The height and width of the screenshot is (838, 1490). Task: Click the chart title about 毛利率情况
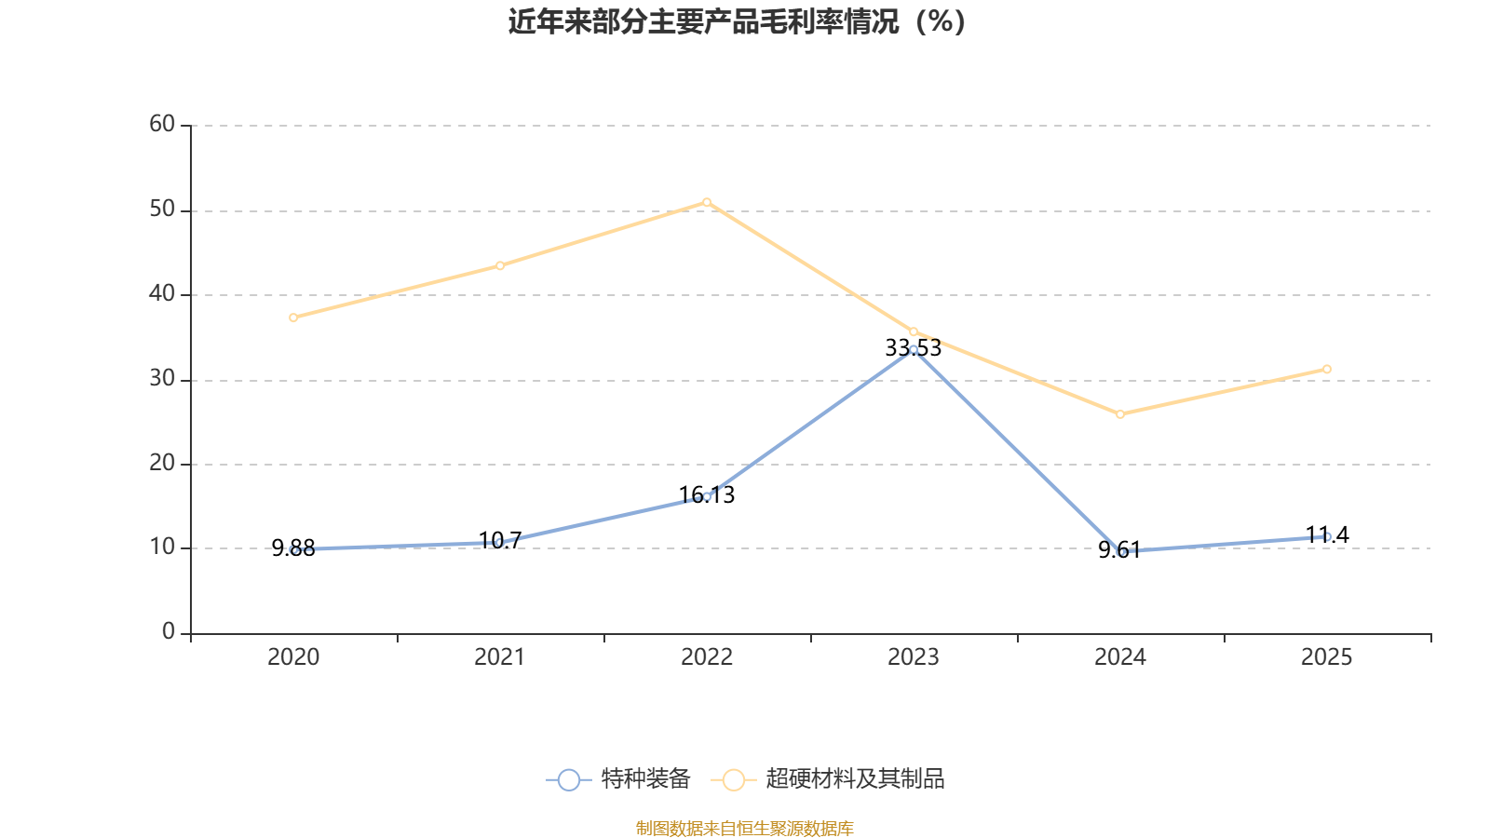[737, 21]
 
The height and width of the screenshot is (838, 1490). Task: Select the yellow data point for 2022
[707, 202]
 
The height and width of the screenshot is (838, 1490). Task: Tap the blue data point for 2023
[914, 350]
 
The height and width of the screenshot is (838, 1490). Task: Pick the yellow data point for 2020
[293, 318]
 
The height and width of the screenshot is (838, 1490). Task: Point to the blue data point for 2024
[1121, 552]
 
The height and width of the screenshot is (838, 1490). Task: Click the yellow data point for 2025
[1327, 370]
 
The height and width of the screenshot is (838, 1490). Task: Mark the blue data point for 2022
[707, 496]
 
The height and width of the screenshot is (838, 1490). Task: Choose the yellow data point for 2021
[500, 266]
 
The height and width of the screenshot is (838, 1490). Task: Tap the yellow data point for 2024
[1120, 414]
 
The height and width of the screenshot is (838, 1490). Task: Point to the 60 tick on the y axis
[162, 124]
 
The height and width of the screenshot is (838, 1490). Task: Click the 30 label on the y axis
[162, 378]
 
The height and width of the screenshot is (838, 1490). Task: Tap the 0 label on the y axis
[169, 632]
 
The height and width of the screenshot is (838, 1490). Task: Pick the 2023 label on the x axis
[914, 657]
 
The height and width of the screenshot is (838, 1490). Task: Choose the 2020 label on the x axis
[293, 657]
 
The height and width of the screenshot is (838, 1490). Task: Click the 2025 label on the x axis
[1326, 657]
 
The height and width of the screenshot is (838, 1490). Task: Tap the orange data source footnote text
[744, 828]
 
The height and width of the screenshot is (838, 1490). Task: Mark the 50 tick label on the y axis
[162, 209]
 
